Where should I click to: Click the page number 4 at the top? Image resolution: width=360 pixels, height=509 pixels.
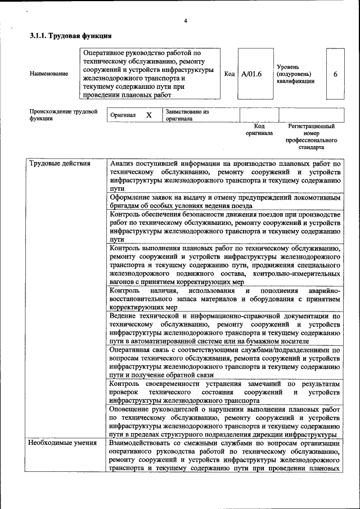point(185,21)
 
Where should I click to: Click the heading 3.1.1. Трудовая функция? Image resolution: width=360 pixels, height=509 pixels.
point(66,37)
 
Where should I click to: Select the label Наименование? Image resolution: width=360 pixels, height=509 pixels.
point(49,74)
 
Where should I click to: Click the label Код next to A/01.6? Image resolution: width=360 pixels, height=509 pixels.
point(229,74)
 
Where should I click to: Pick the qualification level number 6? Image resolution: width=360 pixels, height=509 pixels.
point(335,74)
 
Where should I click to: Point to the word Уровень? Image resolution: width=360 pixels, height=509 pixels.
point(287,66)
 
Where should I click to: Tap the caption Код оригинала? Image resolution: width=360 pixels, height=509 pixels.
point(259,130)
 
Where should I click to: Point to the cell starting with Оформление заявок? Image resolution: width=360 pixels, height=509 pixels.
point(225,201)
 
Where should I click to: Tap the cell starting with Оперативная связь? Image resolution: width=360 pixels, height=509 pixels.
point(225,362)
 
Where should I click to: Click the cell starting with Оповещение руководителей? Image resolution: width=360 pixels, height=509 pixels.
point(225,422)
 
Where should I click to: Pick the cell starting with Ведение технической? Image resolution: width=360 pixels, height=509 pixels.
point(225,328)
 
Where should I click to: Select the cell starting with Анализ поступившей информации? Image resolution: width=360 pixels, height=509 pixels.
point(225,175)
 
